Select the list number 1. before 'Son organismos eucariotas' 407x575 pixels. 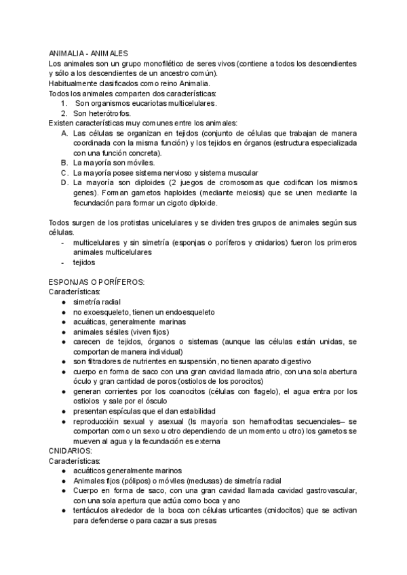pyautogui.click(x=64, y=103)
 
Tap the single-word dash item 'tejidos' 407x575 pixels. pyautogui.click(x=84, y=262)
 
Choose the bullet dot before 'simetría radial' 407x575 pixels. pyautogui.click(x=63, y=302)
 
